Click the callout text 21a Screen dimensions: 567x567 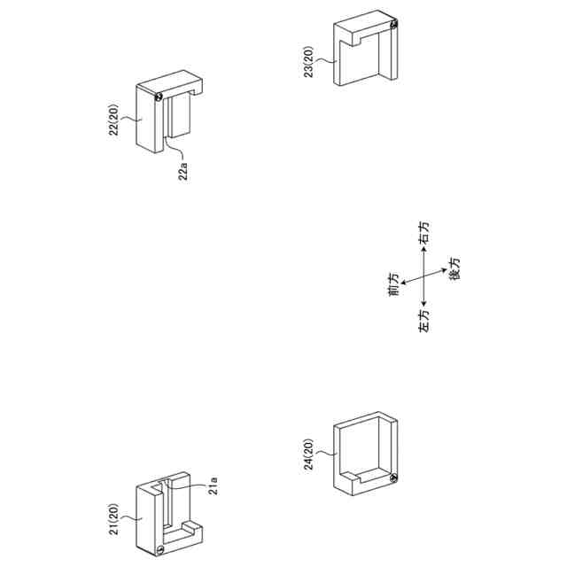point(213,485)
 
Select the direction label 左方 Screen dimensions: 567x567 point(423,322)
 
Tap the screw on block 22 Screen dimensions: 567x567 point(158,97)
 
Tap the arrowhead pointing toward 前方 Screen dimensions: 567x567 point(404,283)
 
